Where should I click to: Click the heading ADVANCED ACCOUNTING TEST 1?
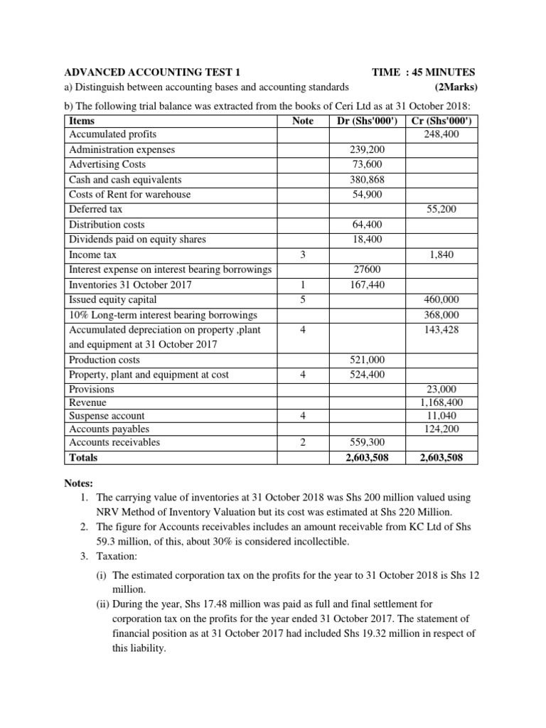pyautogui.click(x=152, y=73)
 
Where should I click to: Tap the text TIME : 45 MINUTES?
pyautogui.click(x=424, y=73)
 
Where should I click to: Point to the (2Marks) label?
pyautogui.click(x=455, y=87)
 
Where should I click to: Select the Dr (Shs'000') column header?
pyautogui.click(x=368, y=122)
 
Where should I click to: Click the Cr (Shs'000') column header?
pyautogui.click(x=442, y=122)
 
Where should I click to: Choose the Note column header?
pyautogui.click(x=303, y=122)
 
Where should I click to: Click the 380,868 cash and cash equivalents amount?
pyautogui.click(x=368, y=180)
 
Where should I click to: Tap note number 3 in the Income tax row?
pyautogui.click(x=303, y=255)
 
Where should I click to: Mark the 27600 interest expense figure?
pyautogui.click(x=368, y=269)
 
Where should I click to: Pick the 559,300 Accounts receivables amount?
pyautogui.click(x=368, y=443)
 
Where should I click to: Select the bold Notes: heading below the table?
pyautogui.click(x=80, y=483)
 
